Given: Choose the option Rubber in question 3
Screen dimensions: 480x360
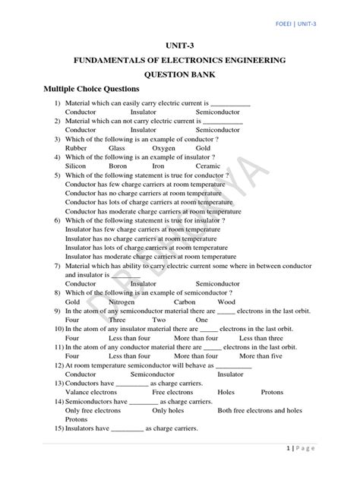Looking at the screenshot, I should click(x=76, y=149).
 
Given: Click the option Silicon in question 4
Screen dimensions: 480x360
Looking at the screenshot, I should click(x=76, y=166).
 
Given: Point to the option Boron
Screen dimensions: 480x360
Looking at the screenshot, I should click(x=118, y=166).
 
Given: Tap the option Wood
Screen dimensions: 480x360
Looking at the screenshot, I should click(x=226, y=302).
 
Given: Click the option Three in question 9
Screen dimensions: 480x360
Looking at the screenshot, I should click(x=117, y=320).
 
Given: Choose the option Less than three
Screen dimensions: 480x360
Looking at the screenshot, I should click(x=261, y=338).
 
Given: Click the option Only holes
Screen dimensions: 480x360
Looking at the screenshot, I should click(x=168, y=410).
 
